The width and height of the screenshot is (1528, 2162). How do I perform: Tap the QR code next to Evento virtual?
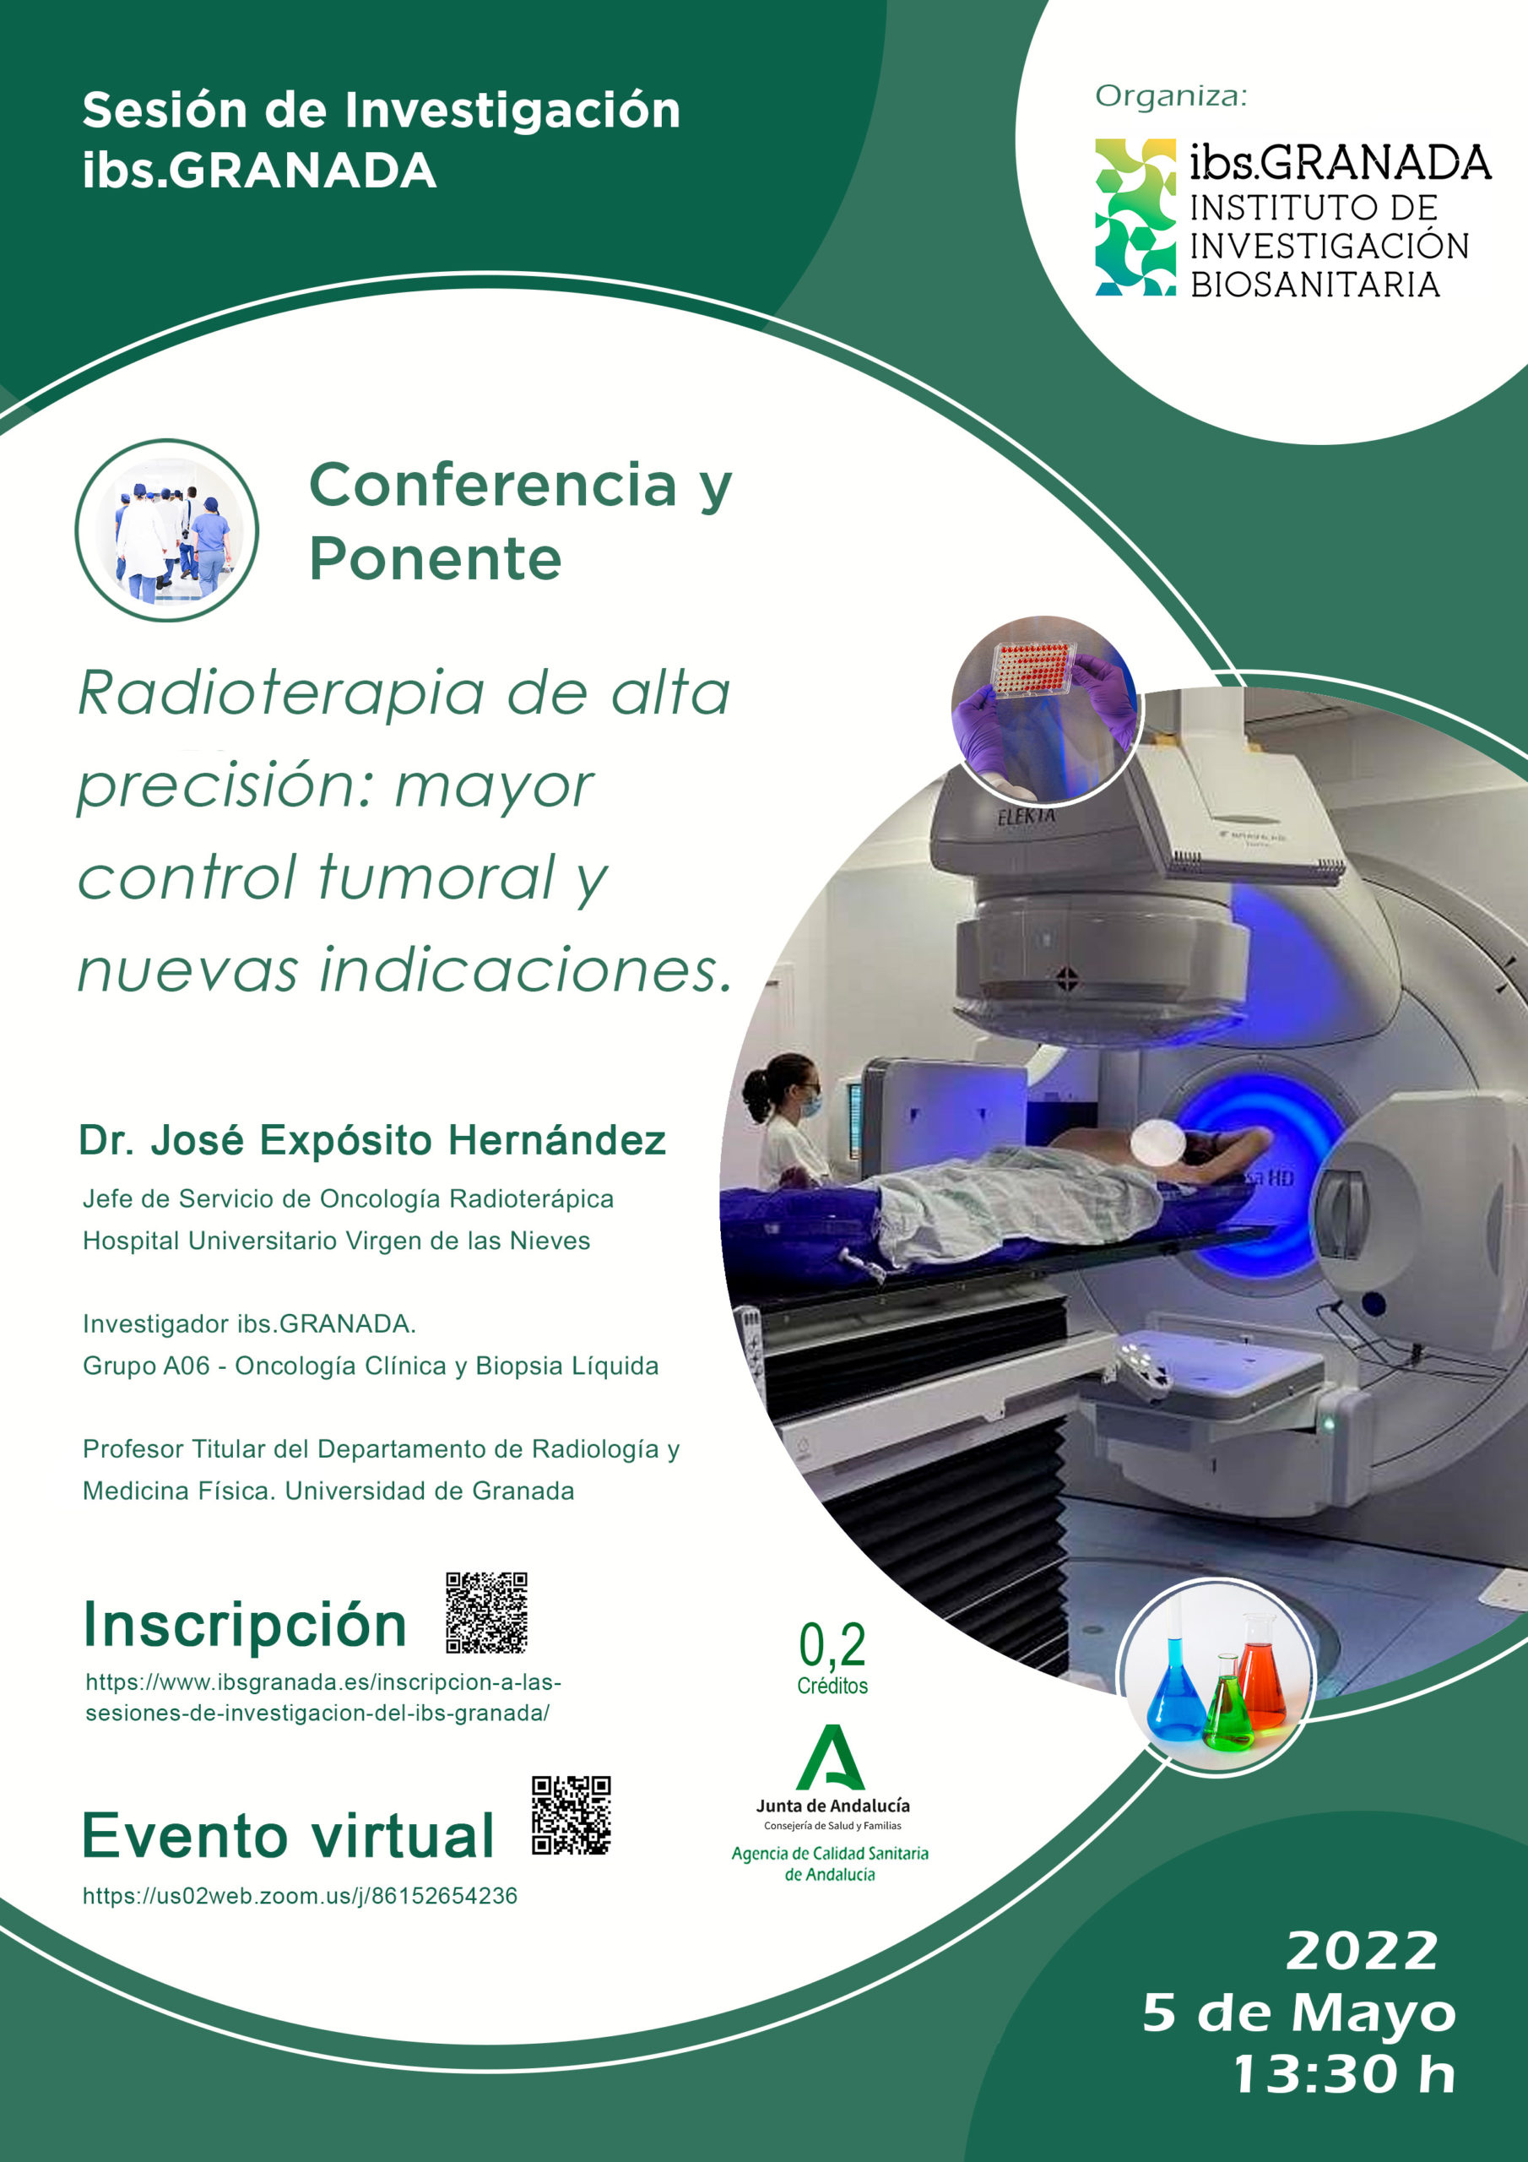coord(571,1816)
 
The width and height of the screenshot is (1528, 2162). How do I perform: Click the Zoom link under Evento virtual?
coord(300,1895)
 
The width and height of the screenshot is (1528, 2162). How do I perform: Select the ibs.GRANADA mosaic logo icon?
coord(1135,218)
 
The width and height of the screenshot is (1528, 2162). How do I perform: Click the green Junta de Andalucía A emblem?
coord(831,1757)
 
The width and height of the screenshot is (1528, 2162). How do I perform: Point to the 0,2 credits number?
coord(832,1645)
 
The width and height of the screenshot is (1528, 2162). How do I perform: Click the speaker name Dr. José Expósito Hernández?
coord(372,1140)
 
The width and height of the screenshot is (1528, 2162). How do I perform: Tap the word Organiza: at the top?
coord(1170,96)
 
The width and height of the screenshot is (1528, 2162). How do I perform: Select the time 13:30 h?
coord(1346,2074)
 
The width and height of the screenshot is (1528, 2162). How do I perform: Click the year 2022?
coord(1362,1950)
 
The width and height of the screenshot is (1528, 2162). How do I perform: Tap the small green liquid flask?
coord(1227,1704)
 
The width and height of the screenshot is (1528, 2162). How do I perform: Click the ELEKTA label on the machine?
coord(1027,816)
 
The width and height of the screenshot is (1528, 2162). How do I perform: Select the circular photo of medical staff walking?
coord(166,530)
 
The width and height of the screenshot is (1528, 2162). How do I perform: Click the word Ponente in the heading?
coord(435,558)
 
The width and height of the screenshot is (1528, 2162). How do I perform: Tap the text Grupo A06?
coord(146,1366)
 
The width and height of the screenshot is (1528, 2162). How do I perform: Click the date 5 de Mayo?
coord(1299,2013)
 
